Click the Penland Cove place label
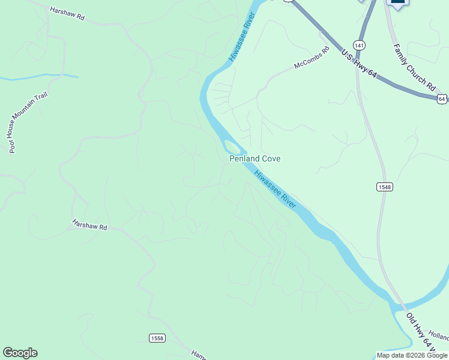tap(255, 158)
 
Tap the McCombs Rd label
tap(312, 58)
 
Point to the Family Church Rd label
tap(414, 67)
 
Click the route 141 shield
tap(359, 45)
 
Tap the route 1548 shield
tap(385, 187)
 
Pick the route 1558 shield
tap(157, 338)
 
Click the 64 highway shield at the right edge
tap(442, 98)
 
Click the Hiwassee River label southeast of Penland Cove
tap(275, 190)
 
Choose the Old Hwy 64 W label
tap(419, 331)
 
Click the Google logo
tap(20, 353)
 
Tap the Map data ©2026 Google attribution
tap(411, 355)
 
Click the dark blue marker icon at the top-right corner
tap(398, 3)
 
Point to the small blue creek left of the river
tap(39, 76)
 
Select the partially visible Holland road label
tap(440, 339)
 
